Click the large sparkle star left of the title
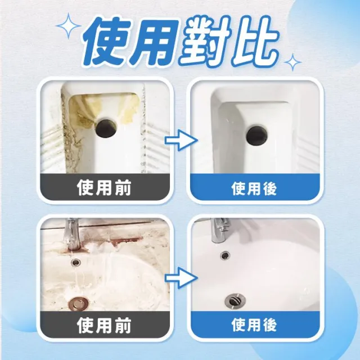[x=69, y=26]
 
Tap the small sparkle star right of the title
[x=292, y=62]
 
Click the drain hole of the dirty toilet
[x=107, y=128]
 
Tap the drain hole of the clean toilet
[x=257, y=136]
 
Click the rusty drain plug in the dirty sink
[x=78, y=303]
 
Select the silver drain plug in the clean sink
[x=235, y=300]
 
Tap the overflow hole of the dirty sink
[x=76, y=261]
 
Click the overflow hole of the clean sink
[x=225, y=255]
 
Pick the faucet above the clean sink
[x=220, y=230]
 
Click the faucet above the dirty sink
[x=71, y=234]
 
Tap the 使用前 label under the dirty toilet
[x=104, y=188]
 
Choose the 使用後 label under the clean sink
[x=254, y=325]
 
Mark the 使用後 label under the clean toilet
[x=254, y=188]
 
